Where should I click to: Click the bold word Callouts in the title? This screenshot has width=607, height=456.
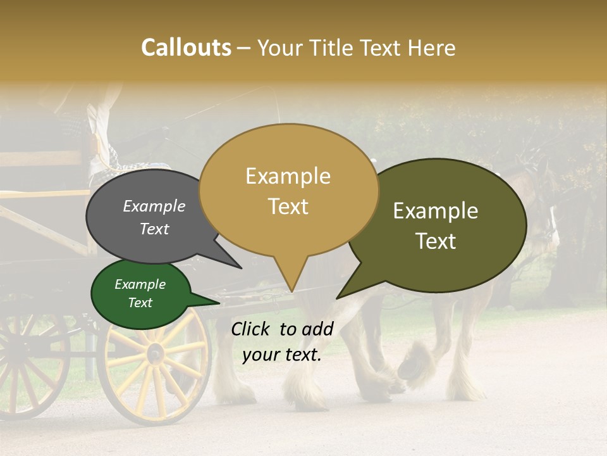point(186,47)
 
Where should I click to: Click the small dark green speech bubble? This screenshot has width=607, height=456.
point(140,294)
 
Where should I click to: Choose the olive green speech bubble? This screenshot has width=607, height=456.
point(436,225)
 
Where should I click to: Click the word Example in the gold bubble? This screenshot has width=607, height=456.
point(288,176)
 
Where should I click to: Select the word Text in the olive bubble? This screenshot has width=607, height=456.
point(436,241)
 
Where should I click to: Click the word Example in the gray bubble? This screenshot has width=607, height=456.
point(154,206)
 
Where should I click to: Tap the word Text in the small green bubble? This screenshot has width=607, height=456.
point(140,303)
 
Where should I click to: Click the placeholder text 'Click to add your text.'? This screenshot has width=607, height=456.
point(282,341)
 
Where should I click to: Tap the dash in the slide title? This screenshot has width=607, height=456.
point(245,48)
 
